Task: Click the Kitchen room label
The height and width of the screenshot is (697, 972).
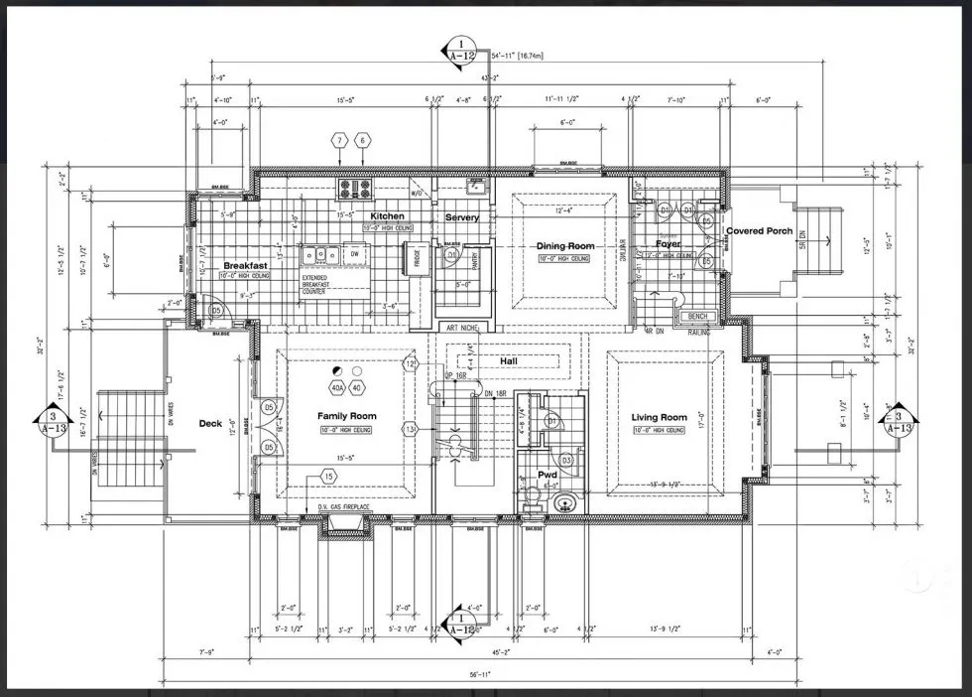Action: point(387,215)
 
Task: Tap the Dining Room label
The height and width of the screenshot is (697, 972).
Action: point(565,246)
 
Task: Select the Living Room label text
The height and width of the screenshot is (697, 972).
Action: point(660,417)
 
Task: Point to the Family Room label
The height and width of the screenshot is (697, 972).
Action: point(346,416)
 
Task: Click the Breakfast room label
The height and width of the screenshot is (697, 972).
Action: point(245,266)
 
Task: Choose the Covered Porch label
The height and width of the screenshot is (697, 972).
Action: point(759,231)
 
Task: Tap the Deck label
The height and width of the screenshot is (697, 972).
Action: point(210,424)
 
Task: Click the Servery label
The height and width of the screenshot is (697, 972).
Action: point(462,217)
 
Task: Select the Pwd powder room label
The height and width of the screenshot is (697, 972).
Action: point(547,475)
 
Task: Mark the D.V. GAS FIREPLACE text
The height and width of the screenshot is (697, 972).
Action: point(344,507)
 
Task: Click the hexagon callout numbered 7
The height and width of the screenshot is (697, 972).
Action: point(339,141)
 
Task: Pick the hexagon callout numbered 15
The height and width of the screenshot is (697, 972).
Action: point(328,478)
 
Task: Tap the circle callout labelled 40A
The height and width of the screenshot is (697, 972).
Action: point(337,387)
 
